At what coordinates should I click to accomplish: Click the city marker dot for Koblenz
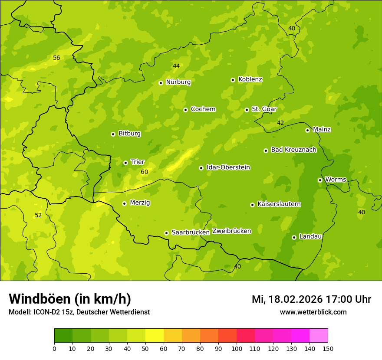point(233,80)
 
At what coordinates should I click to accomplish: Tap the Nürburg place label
point(178,82)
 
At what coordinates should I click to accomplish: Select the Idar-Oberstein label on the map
point(228,167)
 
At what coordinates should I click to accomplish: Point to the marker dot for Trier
point(125,163)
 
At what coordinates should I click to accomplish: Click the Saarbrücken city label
point(191,232)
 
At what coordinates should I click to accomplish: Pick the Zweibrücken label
point(231,231)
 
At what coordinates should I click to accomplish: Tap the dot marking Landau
point(294,237)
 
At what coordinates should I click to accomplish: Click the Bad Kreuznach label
point(293,150)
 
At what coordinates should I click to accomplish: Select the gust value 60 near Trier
point(145,172)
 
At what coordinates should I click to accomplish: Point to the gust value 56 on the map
point(56,58)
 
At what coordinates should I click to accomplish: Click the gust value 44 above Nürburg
point(176,66)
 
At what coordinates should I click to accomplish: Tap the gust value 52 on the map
point(38,216)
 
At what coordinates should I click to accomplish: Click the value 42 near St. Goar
point(280,123)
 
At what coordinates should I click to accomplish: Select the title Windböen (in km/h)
point(70,299)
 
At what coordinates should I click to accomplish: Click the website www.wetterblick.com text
point(313,312)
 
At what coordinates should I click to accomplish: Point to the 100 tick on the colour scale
point(237,348)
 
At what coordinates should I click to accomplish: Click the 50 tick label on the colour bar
point(145,348)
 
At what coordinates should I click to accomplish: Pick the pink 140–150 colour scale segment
point(319,336)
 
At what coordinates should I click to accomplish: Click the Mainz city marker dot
point(307,130)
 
